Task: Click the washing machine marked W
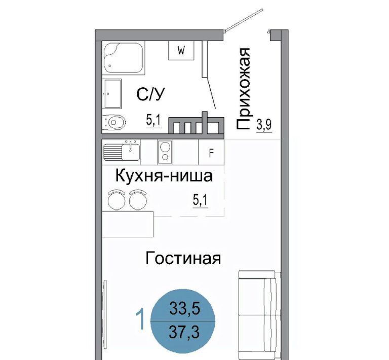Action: [x=181, y=50]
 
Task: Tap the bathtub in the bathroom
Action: [x=123, y=58]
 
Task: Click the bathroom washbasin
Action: [x=112, y=94]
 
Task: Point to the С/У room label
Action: [x=150, y=94]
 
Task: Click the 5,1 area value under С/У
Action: [x=153, y=121]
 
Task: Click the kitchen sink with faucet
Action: [x=122, y=151]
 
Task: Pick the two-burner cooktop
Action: [x=165, y=152]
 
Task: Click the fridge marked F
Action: [x=211, y=152]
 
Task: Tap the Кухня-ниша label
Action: [x=164, y=176]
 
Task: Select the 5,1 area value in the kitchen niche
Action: [x=201, y=201]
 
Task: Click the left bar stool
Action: [x=116, y=200]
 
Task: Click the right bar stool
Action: [x=137, y=200]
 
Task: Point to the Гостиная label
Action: [x=183, y=258]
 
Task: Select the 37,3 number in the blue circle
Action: [x=184, y=332]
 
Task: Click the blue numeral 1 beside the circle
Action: [x=141, y=319]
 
